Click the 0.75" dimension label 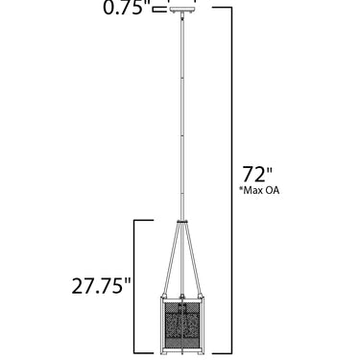pyautogui.click(x=127, y=8)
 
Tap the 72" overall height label pyautogui.click(x=256, y=174)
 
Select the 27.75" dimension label pyautogui.click(x=101, y=285)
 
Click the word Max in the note pyautogui.click(x=252, y=190)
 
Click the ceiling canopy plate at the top pyautogui.click(x=181, y=11)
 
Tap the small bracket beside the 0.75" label pyautogui.click(x=160, y=10)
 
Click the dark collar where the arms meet pyautogui.click(x=181, y=221)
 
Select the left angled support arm pyautogui.click(x=171, y=258)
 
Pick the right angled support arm pyautogui.click(x=193, y=258)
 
